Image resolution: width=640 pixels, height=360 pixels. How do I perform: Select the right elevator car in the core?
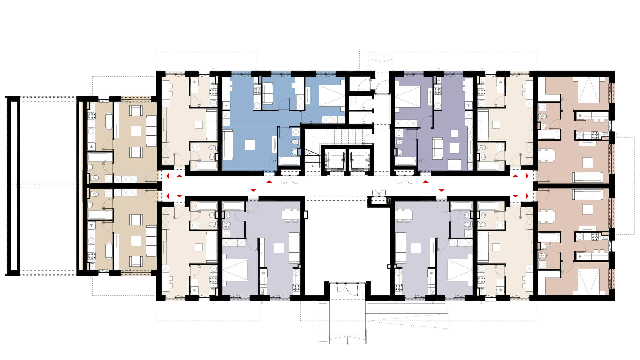359,160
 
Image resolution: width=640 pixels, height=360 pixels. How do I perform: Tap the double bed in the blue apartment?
332,96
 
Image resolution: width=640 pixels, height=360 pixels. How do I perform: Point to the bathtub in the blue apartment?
289,161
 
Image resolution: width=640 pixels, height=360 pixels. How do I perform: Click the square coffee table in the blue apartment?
250,145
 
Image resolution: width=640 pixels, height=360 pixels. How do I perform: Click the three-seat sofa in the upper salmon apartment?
587,177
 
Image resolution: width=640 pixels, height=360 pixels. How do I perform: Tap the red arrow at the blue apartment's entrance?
269,182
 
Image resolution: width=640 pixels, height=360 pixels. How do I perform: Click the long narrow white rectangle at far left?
13,186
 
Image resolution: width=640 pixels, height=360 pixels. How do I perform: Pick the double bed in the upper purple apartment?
407,96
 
